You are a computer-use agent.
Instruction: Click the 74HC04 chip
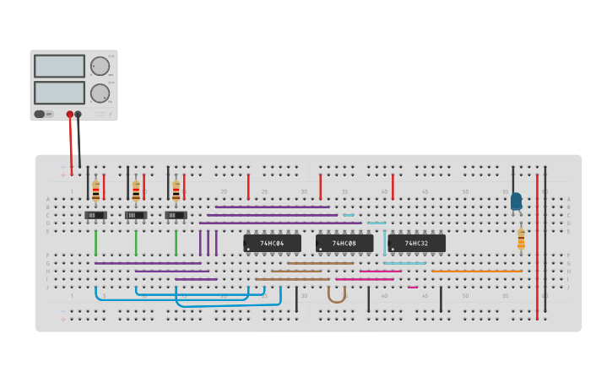272,243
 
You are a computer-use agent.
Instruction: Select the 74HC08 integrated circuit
344,243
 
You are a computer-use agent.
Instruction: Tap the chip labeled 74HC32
416,243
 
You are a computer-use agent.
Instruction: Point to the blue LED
516,201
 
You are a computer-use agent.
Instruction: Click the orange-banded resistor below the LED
521,239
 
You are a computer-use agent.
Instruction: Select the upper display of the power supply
59,66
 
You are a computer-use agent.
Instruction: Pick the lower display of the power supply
59,92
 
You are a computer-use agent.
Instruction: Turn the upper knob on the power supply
100,67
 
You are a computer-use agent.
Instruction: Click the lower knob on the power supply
100,93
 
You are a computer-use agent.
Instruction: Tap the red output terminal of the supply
70,114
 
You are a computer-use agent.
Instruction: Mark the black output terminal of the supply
79,114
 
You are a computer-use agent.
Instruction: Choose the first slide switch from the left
95,215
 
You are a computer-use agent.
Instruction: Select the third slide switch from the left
176,215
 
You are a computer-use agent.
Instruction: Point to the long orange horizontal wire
476,271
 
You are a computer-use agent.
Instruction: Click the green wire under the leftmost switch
95,243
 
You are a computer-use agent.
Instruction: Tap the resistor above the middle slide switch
136,191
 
